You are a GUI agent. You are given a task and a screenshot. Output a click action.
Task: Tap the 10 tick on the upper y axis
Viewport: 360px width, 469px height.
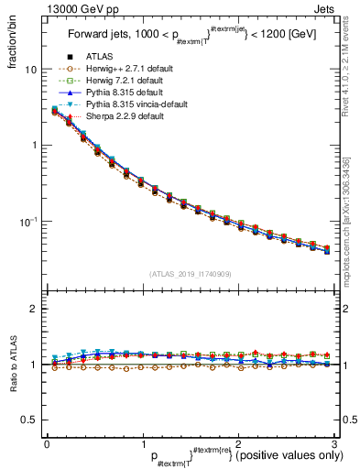[x=31, y=70]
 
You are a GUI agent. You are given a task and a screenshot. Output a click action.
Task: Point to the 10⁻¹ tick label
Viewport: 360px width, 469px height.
[x=28, y=222]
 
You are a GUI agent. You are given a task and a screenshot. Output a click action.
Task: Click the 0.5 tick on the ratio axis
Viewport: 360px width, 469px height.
[x=27, y=420]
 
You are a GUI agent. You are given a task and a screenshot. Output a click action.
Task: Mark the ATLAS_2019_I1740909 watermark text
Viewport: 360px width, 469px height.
[x=190, y=273]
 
